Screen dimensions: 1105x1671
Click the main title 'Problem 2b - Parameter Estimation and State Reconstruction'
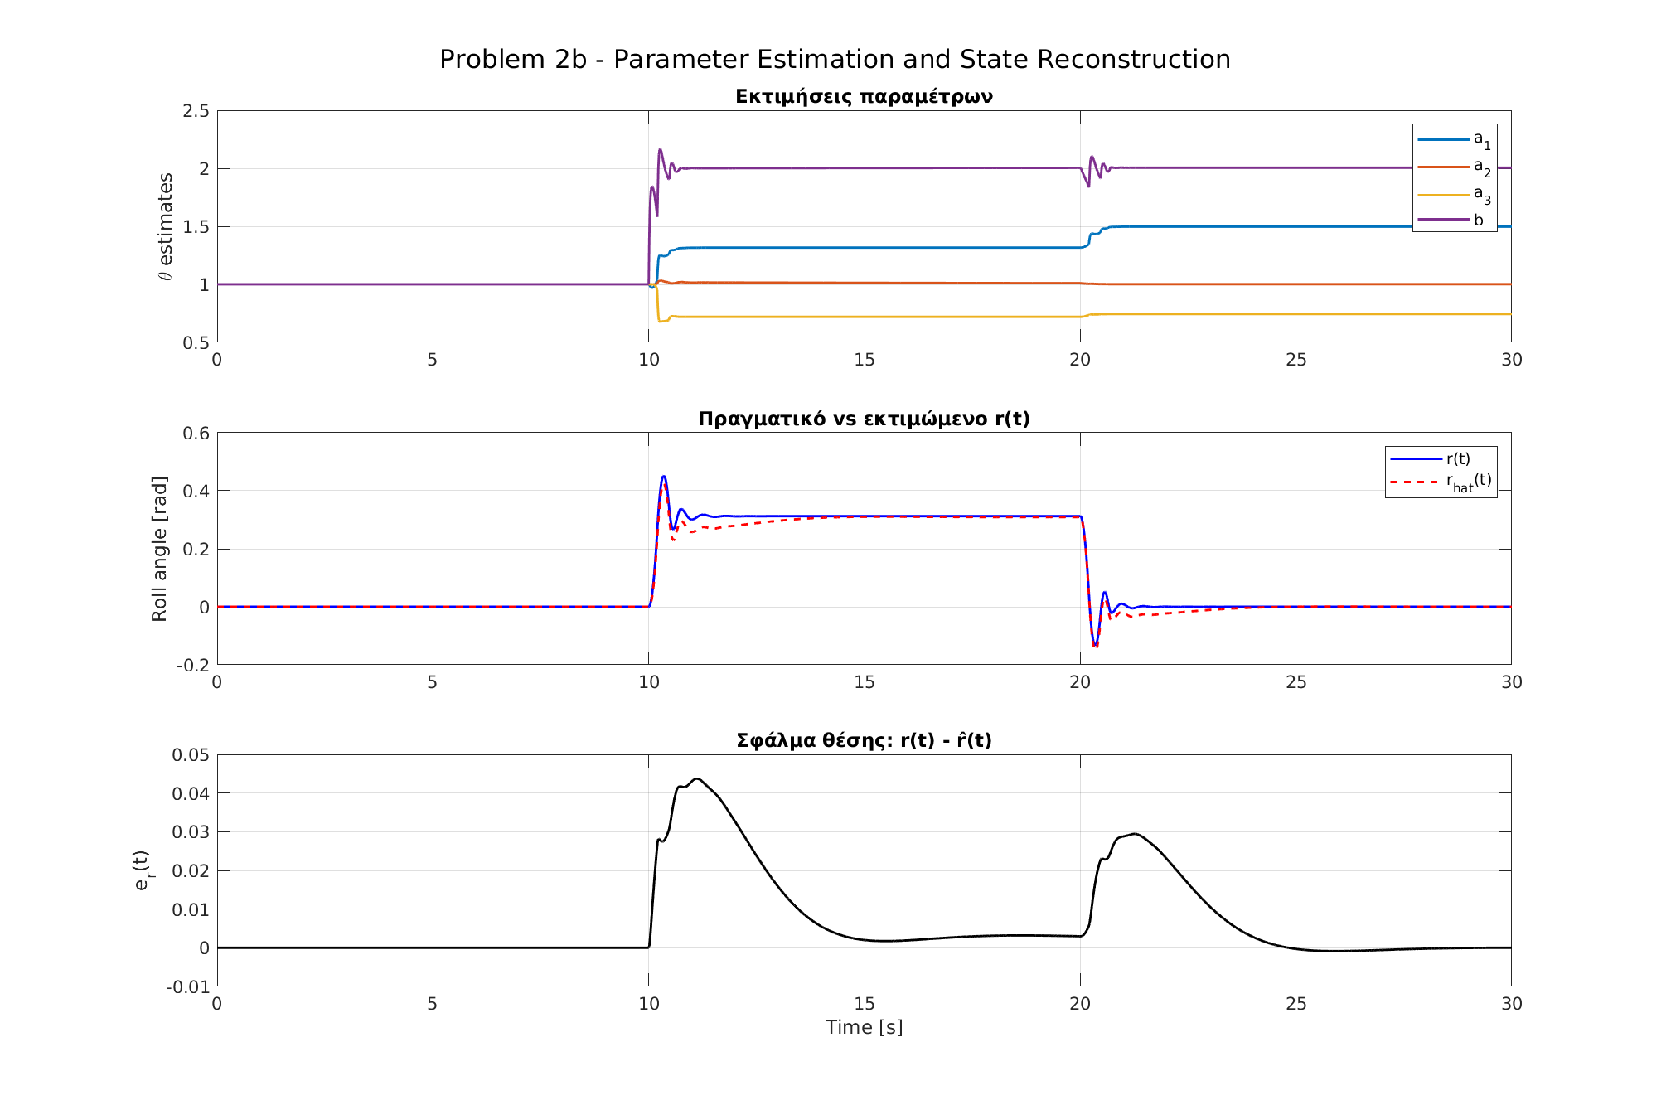(x=835, y=60)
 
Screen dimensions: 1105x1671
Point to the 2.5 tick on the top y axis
(x=196, y=111)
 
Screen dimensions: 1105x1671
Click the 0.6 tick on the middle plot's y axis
(x=196, y=434)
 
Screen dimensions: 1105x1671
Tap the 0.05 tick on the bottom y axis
(x=191, y=755)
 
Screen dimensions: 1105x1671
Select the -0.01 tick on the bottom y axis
(x=188, y=986)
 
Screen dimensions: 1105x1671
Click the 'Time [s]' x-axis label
(x=864, y=1028)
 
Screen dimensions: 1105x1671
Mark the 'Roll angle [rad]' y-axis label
(x=159, y=549)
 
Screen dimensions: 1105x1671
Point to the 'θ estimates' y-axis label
(x=165, y=226)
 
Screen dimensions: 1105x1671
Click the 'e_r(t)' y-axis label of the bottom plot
(x=143, y=870)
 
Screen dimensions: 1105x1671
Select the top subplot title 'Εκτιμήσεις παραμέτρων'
(x=864, y=97)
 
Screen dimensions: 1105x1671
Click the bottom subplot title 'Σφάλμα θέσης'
(x=864, y=740)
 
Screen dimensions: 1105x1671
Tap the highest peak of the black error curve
(x=697, y=779)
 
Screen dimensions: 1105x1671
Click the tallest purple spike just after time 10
(x=660, y=150)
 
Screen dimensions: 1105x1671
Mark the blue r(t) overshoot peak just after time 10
(x=663, y=477)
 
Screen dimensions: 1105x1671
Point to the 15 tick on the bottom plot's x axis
(x=864, y=1004)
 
